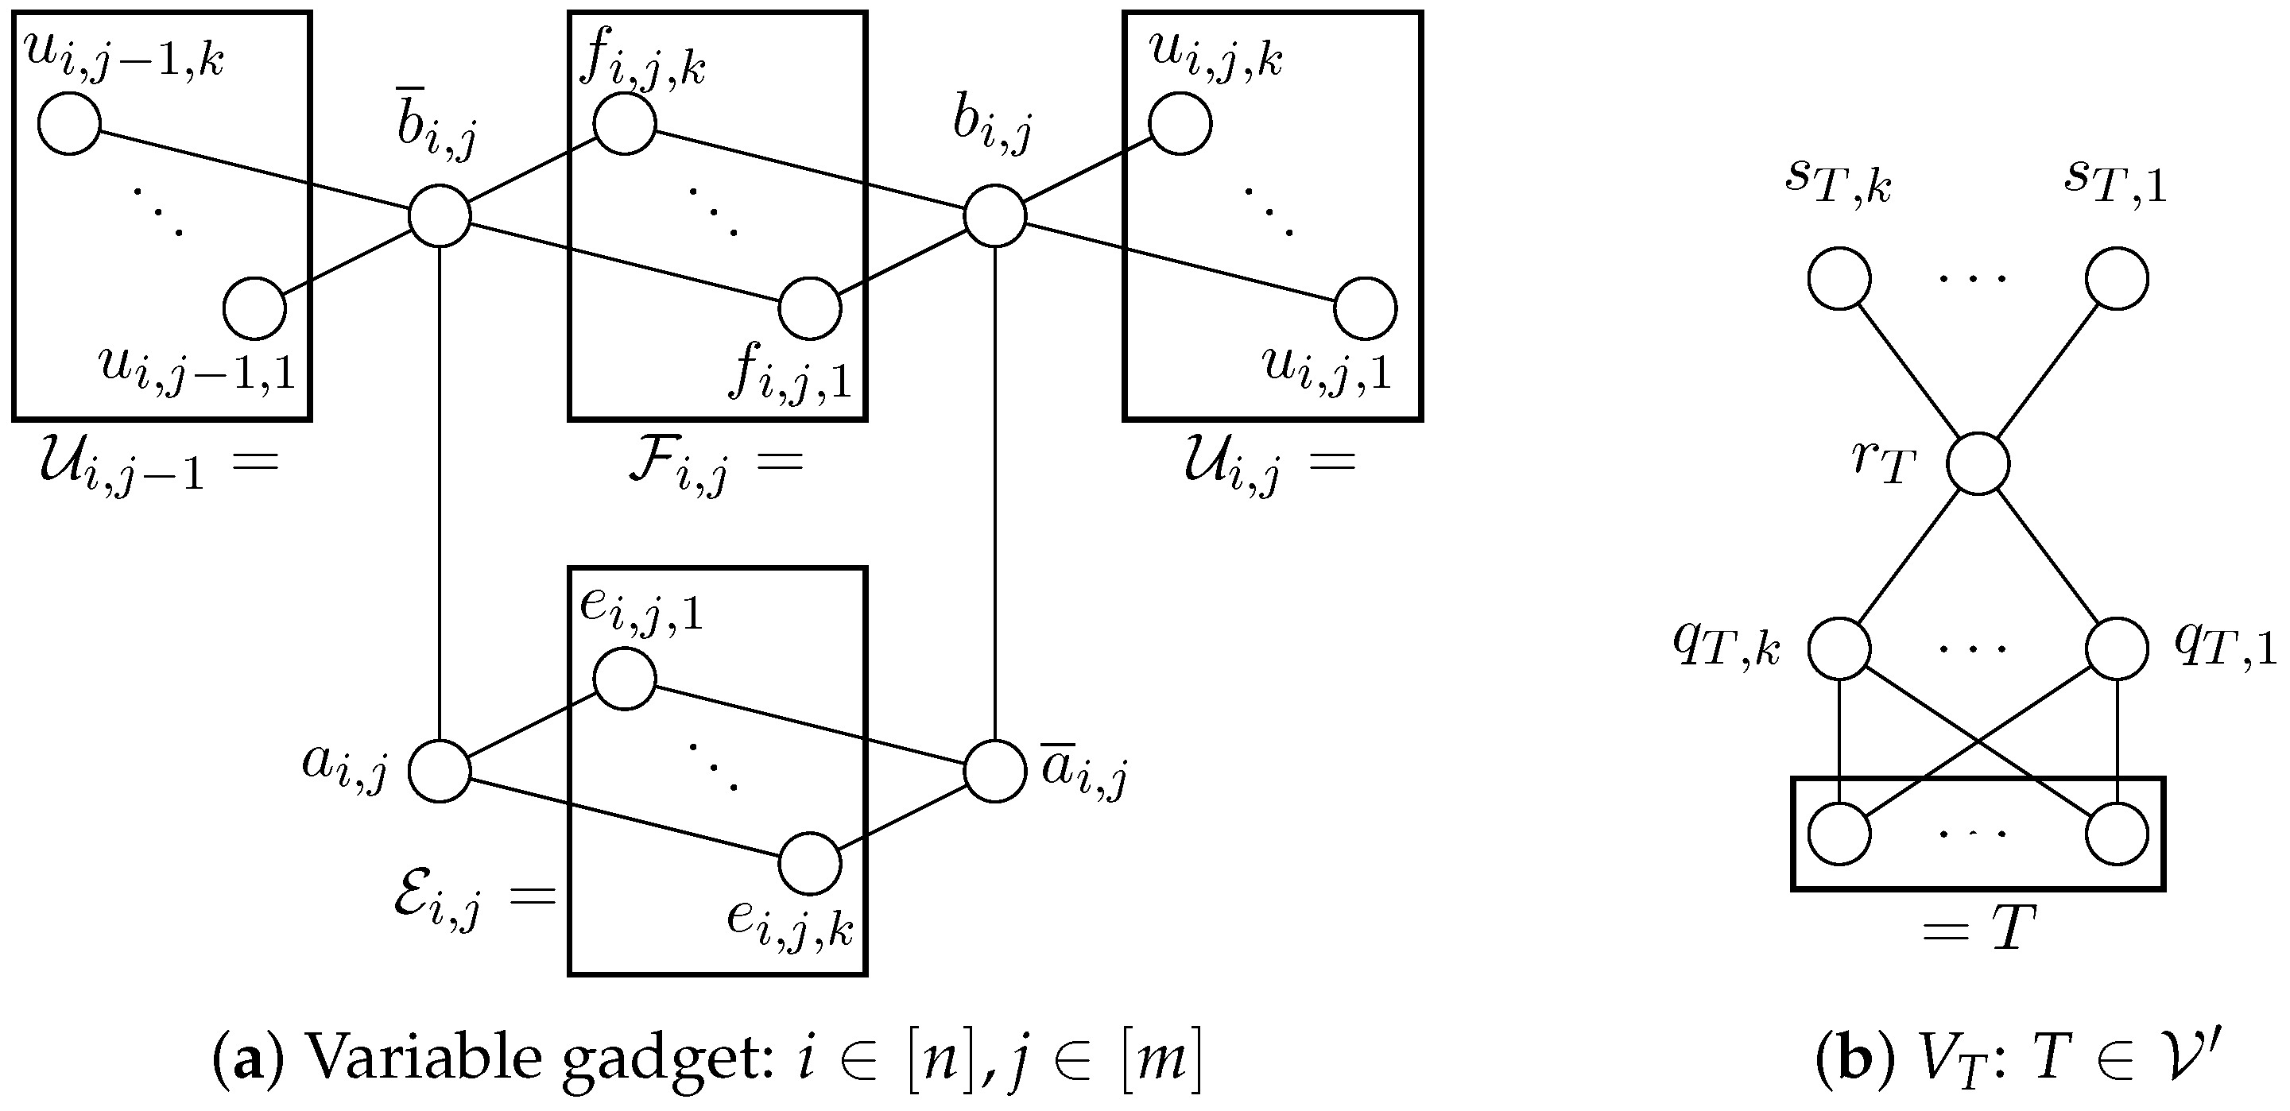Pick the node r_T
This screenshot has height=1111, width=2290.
click(x=1978, y=464)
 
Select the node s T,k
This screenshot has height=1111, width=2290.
click(x=1839, y=279)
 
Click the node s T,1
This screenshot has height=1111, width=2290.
click(x=2118, y=279)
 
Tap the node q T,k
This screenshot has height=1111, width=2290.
click(x=1839, y=648)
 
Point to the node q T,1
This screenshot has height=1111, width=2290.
click(x=2118, y=648)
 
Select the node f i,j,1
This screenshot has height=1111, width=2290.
click(x=810, y=308)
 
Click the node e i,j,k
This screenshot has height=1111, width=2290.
click(x=810, y=864)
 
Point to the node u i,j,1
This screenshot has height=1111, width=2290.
click(x=1366, y=308)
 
